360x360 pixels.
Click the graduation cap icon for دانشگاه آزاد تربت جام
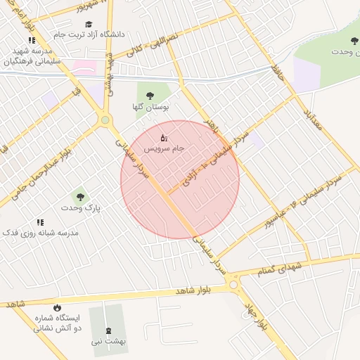point(89,24)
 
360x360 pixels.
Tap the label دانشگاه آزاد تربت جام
point(89,34)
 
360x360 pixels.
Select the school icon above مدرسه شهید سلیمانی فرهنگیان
point(31,40)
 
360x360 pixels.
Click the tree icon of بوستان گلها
point(148,96)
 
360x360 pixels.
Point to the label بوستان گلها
point(148,108)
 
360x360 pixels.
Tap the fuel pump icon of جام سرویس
point(164,137)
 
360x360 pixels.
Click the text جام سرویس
point(165,149)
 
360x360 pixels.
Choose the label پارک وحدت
point(79,209)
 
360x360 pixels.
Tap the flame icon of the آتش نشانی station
point(56,307)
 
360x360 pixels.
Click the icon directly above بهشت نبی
point(108,330)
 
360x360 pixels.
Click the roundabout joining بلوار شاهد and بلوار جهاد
point(234,284)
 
